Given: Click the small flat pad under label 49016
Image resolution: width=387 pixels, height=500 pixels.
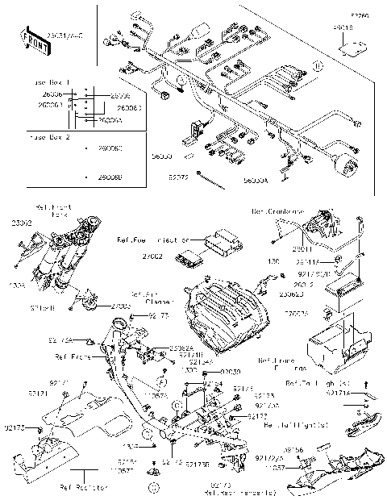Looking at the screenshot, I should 348,47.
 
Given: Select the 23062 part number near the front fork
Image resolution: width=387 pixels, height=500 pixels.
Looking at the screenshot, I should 21,222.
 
